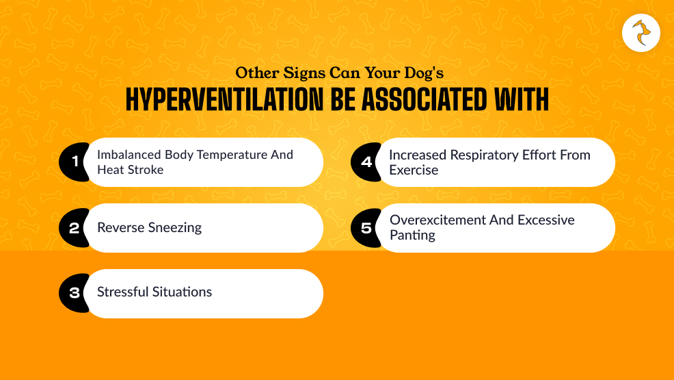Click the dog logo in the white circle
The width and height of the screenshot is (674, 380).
coord(641,33)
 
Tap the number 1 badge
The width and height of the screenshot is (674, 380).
coord(74,162)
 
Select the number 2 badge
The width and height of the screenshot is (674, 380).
coord(74,227)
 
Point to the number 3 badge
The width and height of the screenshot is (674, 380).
coord(74,293)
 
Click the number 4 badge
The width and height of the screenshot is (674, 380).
coord(366,162)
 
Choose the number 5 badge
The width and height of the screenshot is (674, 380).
coord(366,227)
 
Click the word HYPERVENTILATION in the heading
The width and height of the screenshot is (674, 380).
coord(224,99)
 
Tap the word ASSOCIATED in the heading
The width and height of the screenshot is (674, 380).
coord(424,99)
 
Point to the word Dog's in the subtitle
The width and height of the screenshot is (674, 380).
coord(424,73)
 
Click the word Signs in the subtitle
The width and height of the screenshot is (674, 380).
coord(304,73)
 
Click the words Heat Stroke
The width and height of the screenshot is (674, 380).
coord(131,170)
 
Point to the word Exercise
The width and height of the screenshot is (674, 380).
coord(414,170)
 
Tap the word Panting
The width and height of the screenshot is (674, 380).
coord(412,235)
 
